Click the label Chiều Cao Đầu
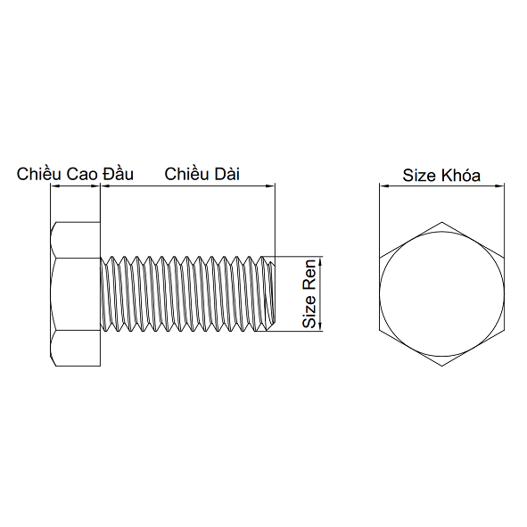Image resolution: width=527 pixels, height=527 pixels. (x=75, y=174)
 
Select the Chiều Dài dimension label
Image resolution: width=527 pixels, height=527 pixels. (x=202, y=174)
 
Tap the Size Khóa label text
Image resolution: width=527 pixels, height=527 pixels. (x=441, y=175)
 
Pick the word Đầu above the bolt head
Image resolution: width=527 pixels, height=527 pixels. (x=119, y=174)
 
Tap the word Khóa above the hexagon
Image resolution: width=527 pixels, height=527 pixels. (x=460, y=175)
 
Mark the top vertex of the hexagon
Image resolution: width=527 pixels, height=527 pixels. (x=441, y=219)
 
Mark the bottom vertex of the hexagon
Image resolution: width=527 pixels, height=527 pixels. (x=441, y=368)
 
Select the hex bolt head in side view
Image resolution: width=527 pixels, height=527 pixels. (x=76, y=293)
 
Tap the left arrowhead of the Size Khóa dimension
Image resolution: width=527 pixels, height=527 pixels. (x=383, y=186)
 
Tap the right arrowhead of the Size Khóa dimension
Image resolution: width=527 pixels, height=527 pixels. (x=500, y=186)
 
